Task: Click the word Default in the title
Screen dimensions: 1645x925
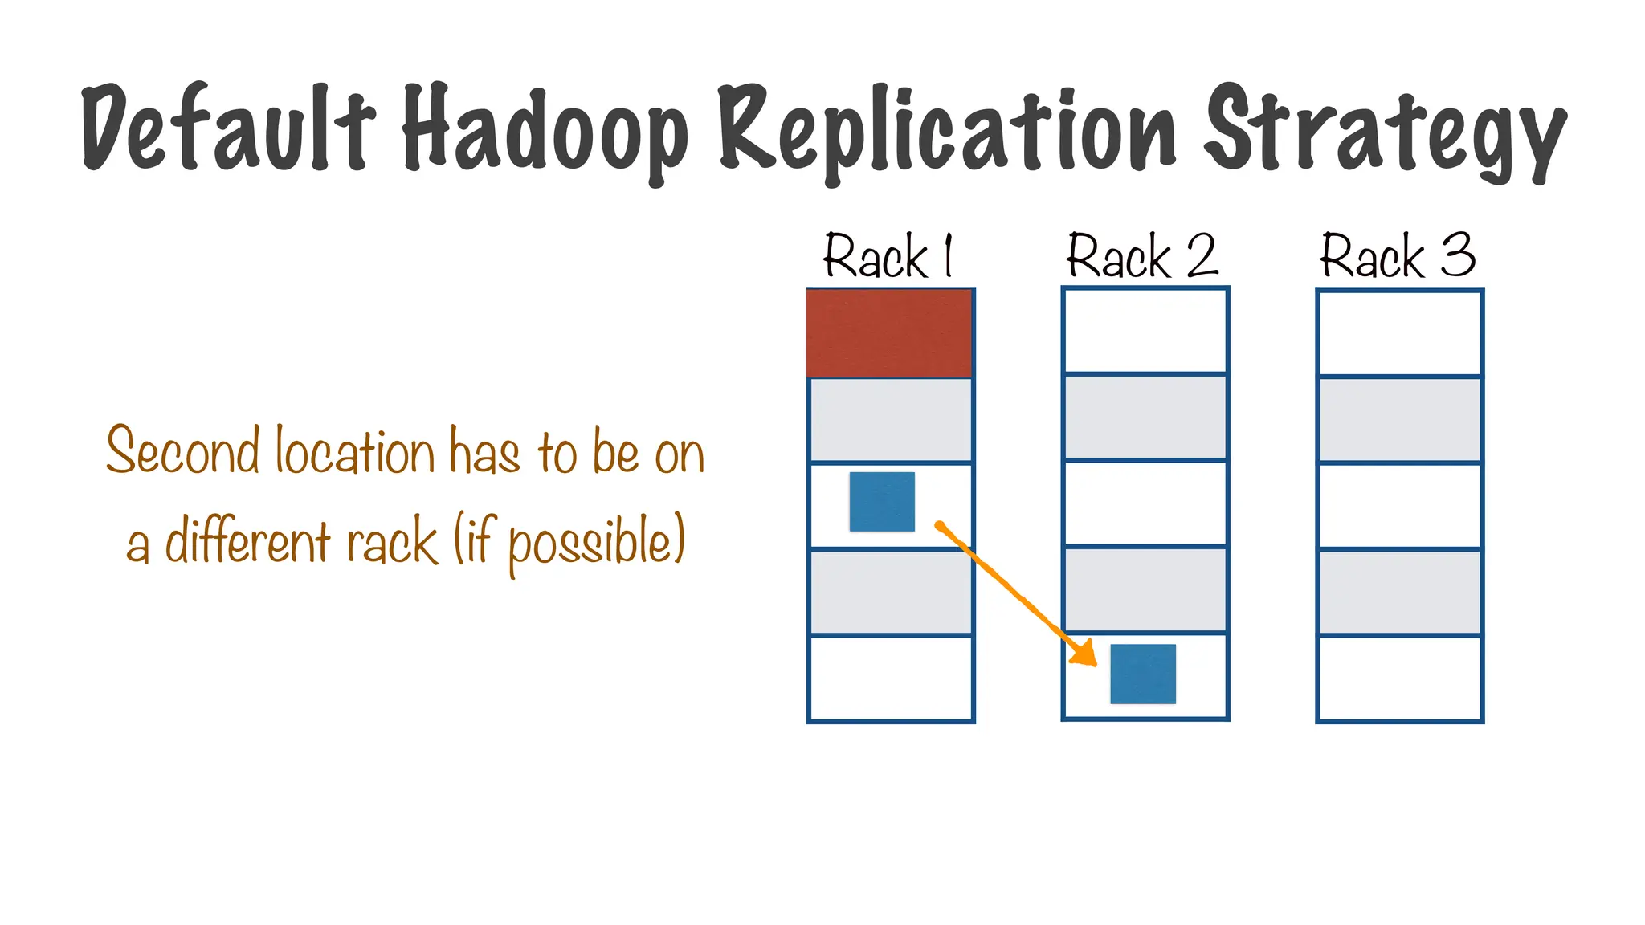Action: pyautogui.click(x=228, y=128)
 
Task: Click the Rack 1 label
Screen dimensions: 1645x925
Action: pyautogui.click(x=888, y=257)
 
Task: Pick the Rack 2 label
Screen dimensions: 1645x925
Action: pyautogui.click(x=1142, y=257)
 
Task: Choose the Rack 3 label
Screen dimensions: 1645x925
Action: pyautogui.click(x=1398, y=257)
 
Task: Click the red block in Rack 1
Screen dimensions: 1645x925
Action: pyautogui.click(x=889, y=333)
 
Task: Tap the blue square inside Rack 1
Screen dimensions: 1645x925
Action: pyautogui.click(x=882, y=502)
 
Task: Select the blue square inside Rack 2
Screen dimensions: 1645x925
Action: pyautogui.click(x=1143, y=674)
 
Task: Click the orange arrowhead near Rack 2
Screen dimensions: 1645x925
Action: pyautogui.click(x=1084, y=654)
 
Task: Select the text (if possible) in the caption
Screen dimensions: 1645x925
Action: pyautogui.click(x=569, y=543)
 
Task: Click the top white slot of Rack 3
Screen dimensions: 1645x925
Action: pyautogui.click(x=1399, y=333)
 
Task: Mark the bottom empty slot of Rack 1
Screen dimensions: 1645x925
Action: pyautogui.click(x=891, y=678)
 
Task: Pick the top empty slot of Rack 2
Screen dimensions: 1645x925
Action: pyautogui.click(x=1145, y=331)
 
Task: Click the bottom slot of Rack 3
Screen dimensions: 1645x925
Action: pyautogui.click(x=1399, y=678)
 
